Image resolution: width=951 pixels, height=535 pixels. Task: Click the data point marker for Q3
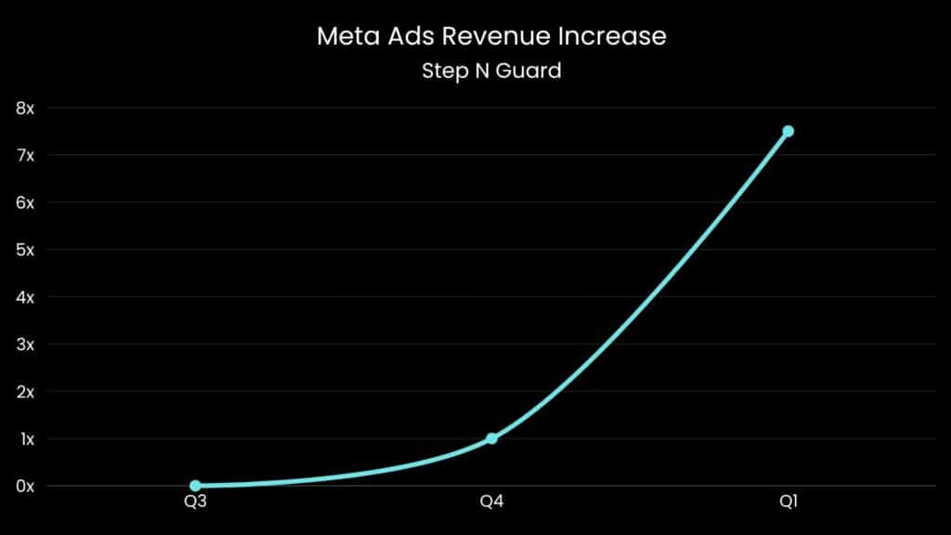click(195, 486)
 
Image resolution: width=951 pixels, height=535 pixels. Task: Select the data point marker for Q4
click(491, 438)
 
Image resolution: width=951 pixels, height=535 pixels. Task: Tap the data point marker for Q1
click(788, 131)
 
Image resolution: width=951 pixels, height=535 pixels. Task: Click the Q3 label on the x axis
click(195, 502)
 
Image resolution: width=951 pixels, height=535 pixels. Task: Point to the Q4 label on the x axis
click(491, 502)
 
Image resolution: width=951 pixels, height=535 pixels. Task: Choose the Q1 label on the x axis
click(788, 502)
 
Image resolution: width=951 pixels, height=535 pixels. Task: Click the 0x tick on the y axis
click(25, 486)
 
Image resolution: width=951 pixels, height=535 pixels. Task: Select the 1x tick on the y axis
click(25, 438)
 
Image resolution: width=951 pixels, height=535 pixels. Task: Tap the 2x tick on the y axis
click(25, 391)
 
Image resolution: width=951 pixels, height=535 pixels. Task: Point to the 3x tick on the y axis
click(25, 344)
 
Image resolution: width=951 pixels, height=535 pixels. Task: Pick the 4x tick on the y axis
click(25, 297)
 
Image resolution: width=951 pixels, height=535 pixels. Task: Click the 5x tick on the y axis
click(25, 250)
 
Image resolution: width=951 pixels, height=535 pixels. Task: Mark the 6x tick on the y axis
click(25, 202)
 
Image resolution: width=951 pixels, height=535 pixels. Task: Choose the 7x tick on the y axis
click(25, 155)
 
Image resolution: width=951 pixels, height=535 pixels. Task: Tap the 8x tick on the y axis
click(25, 108)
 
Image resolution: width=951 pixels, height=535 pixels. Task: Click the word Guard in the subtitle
click(531, 71)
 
